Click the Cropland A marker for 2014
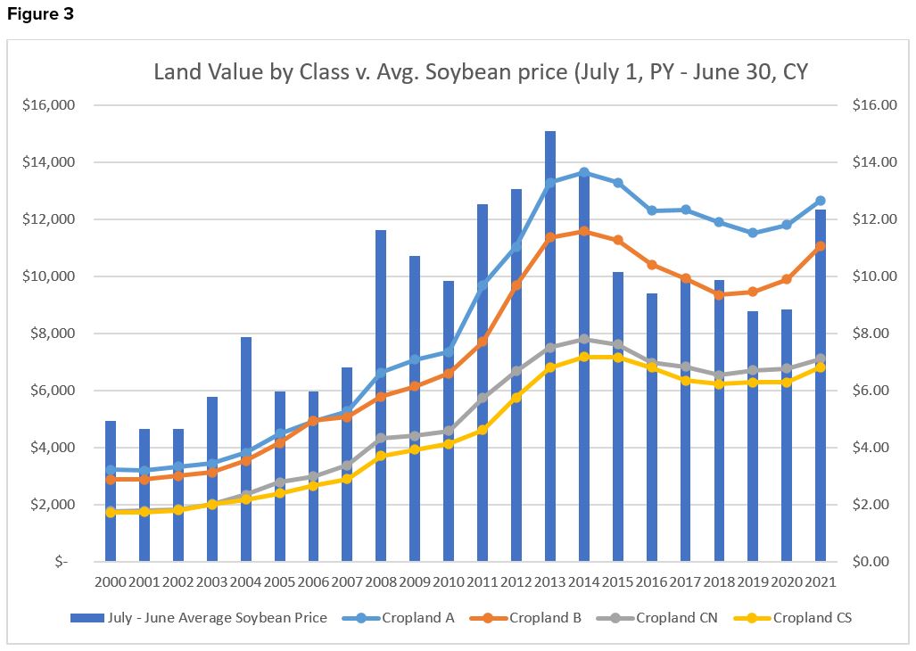(584, 172)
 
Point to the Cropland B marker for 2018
(719, 294)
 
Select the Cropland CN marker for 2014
(584, 339)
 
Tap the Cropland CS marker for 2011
(483, 430)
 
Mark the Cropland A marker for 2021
(821, 201)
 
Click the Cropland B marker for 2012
(516, 285)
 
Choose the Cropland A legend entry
(417, 618)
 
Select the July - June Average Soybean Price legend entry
(205, 618)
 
